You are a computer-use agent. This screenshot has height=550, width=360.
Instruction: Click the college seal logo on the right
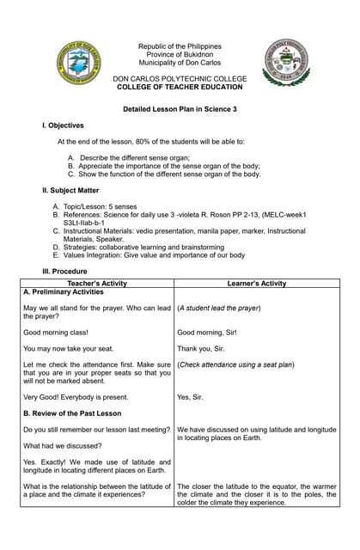pyautogui.click(x=286, y=62)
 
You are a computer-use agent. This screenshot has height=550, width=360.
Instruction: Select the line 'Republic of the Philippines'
pyautogui.click(x=180, y=46)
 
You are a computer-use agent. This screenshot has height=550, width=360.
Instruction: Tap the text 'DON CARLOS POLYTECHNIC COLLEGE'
pyautogui.click(x=180, y=78)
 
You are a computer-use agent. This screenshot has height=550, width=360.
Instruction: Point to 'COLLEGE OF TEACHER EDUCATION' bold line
pyautogui.click(x=180, y=87)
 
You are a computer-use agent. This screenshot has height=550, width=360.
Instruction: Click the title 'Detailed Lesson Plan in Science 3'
pyautogui.click(x=180, y=109)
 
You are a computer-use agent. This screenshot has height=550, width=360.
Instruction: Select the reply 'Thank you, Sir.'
pyautogui.click(x=200, y=349)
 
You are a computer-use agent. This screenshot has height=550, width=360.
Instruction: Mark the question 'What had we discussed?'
pyautogui.click(x=62, y=446)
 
